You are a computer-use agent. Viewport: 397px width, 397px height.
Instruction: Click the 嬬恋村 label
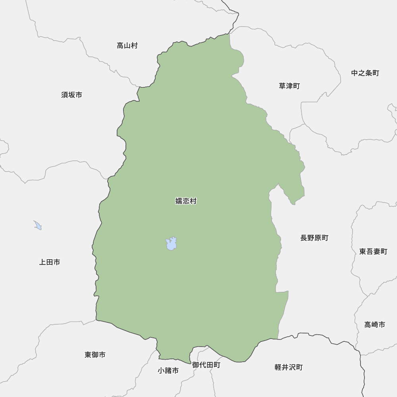(x=186, y=201)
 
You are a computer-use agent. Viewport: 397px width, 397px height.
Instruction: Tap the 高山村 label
(x=127, y=46)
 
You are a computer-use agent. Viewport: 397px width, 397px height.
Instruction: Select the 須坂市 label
(x=72, y=95)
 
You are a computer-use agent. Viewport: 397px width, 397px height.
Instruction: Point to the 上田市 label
(x=50, y=262)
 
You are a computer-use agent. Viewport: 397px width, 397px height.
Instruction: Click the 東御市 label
(x=95, y=355)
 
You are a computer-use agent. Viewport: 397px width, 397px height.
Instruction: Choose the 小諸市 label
(x=168, y=370)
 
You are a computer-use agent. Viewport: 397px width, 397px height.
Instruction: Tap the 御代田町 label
(x=206, y=365)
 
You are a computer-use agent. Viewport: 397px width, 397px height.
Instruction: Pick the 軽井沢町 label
(x=288, y=367)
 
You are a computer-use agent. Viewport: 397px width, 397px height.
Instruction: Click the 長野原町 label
(x=314, y=238)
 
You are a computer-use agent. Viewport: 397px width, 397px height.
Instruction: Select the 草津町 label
(x=289, y=86)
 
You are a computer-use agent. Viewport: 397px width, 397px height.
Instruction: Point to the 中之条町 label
(x=365, y=73)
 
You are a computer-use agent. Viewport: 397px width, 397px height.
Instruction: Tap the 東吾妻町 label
(x=373, y=251)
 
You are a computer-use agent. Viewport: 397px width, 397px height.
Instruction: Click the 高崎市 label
(x=374, y=324)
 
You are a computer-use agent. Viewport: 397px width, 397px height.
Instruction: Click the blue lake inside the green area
(x=171, y=244)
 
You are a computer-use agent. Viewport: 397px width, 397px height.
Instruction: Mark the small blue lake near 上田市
(x=38, y=225)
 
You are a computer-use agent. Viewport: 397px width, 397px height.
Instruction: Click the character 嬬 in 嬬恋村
(x=179, y=201)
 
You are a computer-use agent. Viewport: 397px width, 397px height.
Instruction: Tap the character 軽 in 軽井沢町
(x=278, y=367)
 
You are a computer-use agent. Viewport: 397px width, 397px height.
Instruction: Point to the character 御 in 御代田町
(x=195, y=365)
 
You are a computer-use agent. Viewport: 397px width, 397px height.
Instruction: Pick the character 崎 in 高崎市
(x=374, y=324)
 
